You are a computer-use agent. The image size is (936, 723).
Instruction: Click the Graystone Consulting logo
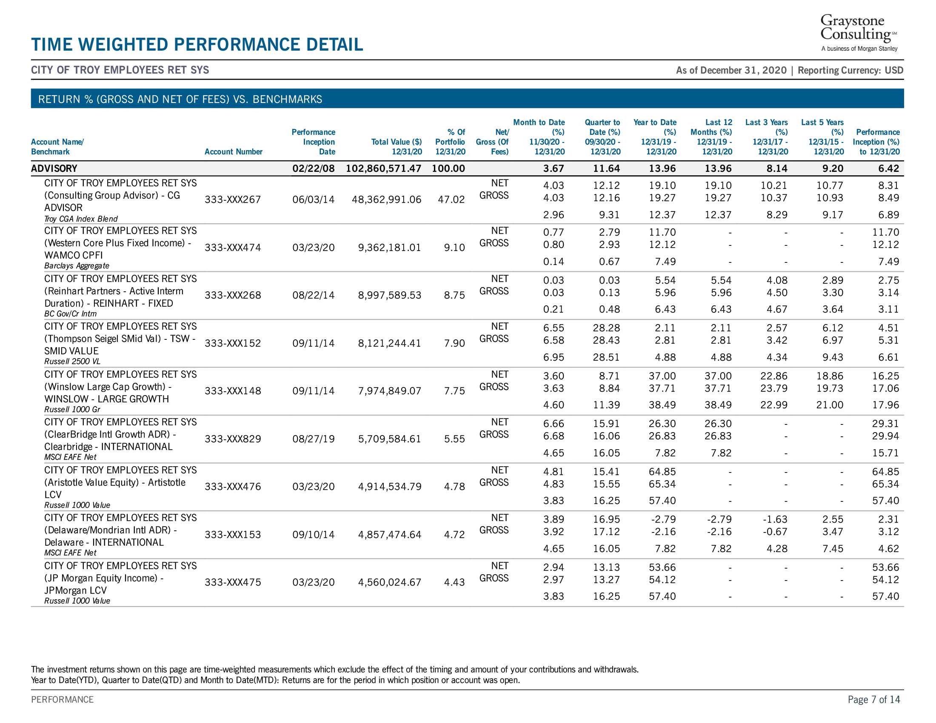click(859, 33)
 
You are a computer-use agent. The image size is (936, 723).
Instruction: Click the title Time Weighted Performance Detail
click(197, 45)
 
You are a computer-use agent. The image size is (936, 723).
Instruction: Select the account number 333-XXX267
click(233, 199)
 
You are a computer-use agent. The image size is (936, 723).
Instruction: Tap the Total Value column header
click(397, 146)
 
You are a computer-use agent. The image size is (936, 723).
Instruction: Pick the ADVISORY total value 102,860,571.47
click(384, 168)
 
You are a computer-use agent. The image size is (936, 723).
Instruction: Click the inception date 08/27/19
click(313, 438)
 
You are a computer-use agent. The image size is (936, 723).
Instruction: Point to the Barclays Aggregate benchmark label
click(77, 265)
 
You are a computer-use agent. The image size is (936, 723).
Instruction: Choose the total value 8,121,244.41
click(390, 343)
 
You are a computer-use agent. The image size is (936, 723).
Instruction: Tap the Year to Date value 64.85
click(662, 472)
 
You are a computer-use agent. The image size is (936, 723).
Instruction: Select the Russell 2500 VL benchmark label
click(72, 361)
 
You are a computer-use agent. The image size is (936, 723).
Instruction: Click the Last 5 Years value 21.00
click(830, 405)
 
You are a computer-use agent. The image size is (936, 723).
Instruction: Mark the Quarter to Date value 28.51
click(606, 357)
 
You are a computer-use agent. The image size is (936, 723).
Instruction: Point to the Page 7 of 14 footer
click(874, 700)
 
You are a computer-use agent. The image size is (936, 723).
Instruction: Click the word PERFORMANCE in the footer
click(62, 700)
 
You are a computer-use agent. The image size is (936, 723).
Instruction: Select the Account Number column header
click(234, 152)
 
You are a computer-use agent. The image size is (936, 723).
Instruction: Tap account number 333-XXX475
click(233, 582)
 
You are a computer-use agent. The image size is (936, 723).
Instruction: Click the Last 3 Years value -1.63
click(775, 519)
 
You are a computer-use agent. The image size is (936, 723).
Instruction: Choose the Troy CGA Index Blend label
click(81, 219)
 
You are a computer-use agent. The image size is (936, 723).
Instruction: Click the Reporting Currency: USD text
click(850, 70)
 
